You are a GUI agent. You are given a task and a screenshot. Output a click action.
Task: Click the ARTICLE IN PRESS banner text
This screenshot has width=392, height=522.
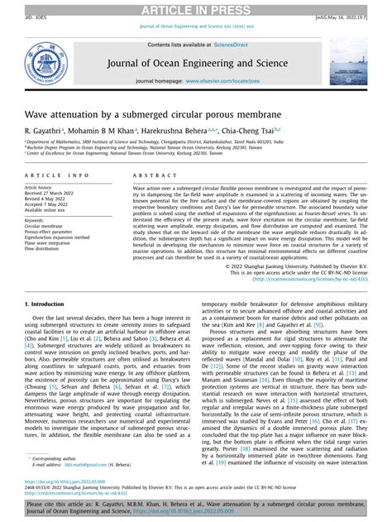pyautogui.click(x=195, y=8)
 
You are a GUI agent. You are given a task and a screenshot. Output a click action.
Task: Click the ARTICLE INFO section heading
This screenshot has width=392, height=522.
pyautogui.click(x=56, y=175)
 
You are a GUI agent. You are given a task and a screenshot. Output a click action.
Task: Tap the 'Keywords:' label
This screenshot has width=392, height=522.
pyautogui.click(x=34, y=220)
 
